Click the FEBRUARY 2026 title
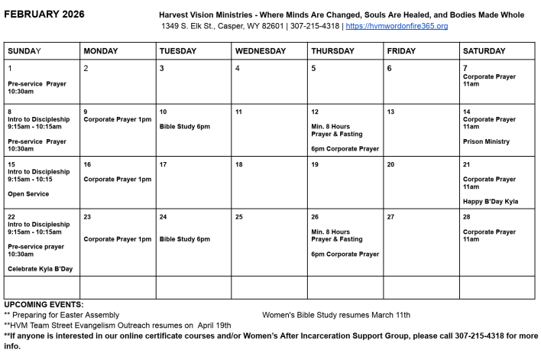[44, 15]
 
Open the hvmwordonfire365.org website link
[397, 26]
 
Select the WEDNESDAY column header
[261, 51]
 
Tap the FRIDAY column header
[402, 51]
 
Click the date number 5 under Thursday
[313, 68]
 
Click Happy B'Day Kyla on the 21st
[490, 201]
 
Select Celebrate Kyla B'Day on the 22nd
[40, 268]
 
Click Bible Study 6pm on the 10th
[184, 126]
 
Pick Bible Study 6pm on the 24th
[184, 239]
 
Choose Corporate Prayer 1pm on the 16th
[118, 179]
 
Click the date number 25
[238, 217]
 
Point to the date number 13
[390, 112]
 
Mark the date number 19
[315, 164]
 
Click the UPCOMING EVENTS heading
[44, 305]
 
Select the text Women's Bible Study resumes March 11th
[335, 314]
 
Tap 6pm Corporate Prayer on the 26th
[345, 254]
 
